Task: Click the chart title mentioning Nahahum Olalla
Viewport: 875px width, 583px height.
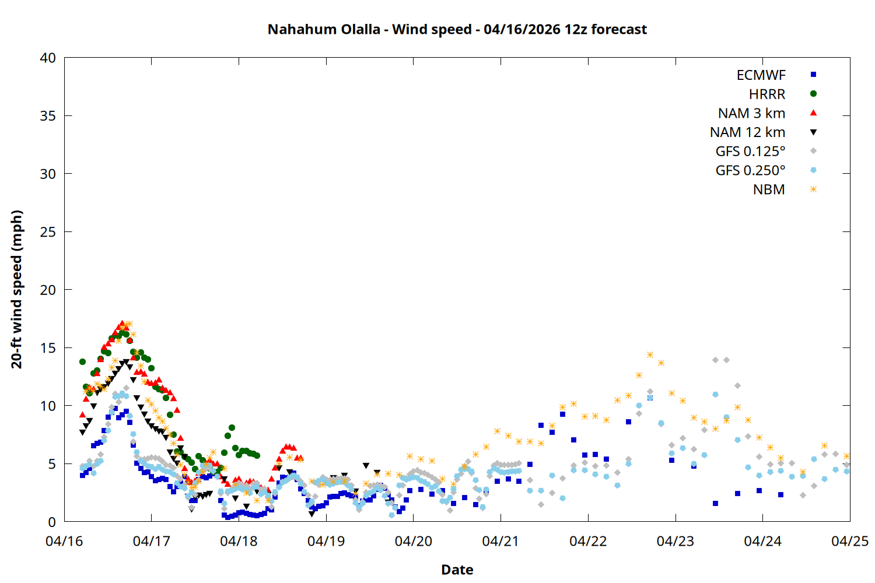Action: [x=457, y=29]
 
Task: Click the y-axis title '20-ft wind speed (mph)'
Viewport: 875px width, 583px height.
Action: [x=17, y=289]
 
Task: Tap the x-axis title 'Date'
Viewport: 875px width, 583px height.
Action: [x=457, y=570]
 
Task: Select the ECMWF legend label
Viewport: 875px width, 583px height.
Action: [x=761, y=75]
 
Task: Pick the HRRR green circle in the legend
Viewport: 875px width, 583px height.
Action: [x=813, y=94]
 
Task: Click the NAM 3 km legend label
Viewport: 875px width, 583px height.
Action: [x=751, y=113]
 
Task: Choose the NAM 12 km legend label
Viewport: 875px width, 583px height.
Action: [x=747, y=132]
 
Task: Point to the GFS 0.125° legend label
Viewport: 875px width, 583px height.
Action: [x=750, y=152]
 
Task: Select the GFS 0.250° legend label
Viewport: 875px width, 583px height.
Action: [x=750, y=171]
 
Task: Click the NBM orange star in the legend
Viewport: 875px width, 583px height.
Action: [x=813, y=189]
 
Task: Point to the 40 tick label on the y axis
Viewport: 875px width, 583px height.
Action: [x=48, y=58]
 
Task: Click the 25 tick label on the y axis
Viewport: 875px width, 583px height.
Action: [x=48, y=232]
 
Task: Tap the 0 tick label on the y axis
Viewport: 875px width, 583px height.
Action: [x=52, y=522]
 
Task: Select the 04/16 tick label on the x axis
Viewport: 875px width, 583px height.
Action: [x=64, y=541]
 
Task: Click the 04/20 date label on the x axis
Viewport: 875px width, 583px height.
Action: [x=413, y=541]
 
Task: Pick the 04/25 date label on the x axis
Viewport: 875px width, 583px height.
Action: [x=849, y=541]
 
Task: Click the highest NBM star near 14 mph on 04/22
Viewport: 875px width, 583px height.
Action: [x=650, y=355]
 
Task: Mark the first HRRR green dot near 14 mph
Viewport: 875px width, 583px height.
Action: [x=82, y=362]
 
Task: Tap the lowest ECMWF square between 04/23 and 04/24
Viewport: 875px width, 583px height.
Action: [x=715, y=503]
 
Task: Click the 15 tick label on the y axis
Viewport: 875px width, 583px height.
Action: [x=48, y=348]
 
